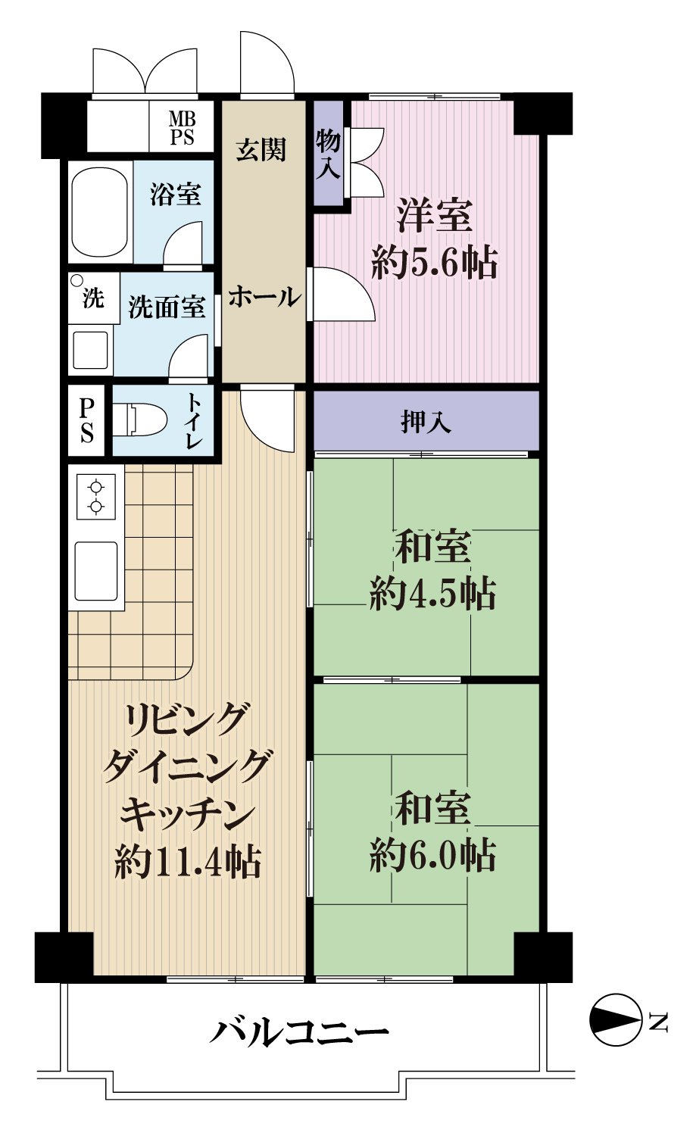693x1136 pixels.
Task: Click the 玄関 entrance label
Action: pos(261,149)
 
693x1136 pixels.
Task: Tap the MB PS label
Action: pos(182,128)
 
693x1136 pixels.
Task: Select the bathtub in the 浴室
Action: pos(100,211)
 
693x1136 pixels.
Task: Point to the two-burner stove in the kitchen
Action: pos(96,497)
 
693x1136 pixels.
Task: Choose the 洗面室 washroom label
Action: pos(167,307)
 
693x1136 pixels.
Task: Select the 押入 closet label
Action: pos(426,422)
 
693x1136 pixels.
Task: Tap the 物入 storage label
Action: pos(328,154)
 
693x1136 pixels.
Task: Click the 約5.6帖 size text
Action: pos(434,264)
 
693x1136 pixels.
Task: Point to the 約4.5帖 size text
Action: pos(433,594)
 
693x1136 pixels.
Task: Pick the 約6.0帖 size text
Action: pos(433,856)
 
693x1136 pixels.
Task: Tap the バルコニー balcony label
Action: pos(299,1032)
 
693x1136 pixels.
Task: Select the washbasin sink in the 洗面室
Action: pos(90,350)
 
